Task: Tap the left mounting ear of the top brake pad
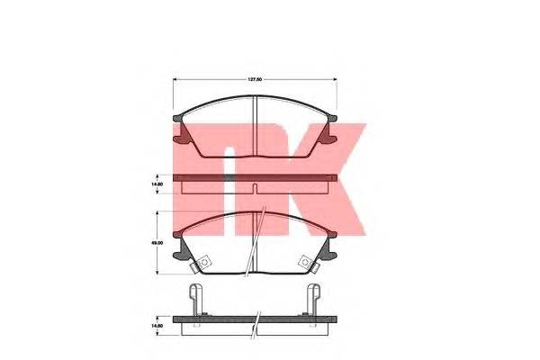[x=182, y=132]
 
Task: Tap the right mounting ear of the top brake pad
[x=330, y=132]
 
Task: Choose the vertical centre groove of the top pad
[x=256, y=126]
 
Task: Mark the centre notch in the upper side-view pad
[x=256, y=189]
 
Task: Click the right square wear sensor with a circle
[x=309, y=262]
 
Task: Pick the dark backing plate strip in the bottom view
[x=256, y=320]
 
